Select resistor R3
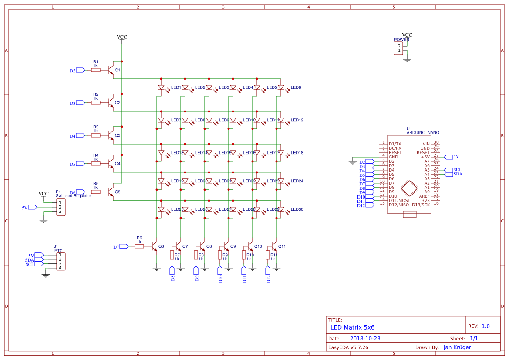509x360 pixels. click(x=96, y=135)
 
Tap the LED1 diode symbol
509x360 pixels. click(x=161, y=87)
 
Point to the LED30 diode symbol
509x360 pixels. click(x=281, y=209)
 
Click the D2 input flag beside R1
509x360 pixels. click(x=80, y=70)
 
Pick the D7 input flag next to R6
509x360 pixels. click(x=124, y=246)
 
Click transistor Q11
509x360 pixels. click(x=274, y=247)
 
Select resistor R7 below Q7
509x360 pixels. click(x=172, y=255)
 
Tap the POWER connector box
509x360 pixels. click(x=398, y=48)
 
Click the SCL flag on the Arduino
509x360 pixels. click(x=448, y=170)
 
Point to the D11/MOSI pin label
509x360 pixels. click(x=398, y=200)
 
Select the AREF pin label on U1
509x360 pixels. click(x=424, y=196)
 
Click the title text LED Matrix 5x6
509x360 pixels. click(x=352, y=327)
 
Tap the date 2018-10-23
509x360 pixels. click(x=365, y=338)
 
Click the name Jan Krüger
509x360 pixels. click(x=457, y=347)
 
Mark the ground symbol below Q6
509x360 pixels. click(x=156, y=269)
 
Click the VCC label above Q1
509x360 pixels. click(x=122, y=37)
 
